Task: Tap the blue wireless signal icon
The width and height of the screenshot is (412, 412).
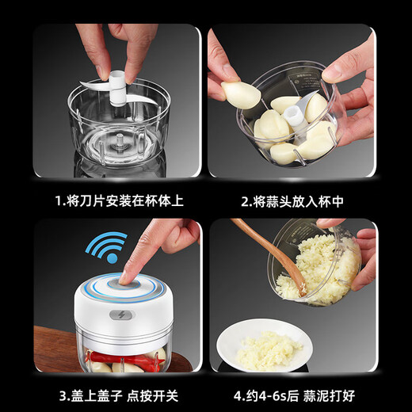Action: pos(105,247)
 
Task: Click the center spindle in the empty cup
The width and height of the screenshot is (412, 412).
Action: pos(118,147)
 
